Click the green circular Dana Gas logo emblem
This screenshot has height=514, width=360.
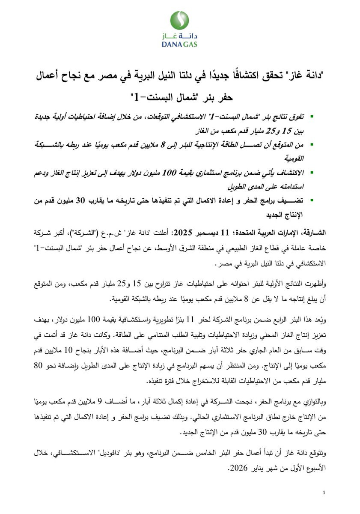point(180,20)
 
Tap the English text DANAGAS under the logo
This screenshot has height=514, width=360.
point(180,44)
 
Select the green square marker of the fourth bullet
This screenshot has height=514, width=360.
point(312,200)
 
